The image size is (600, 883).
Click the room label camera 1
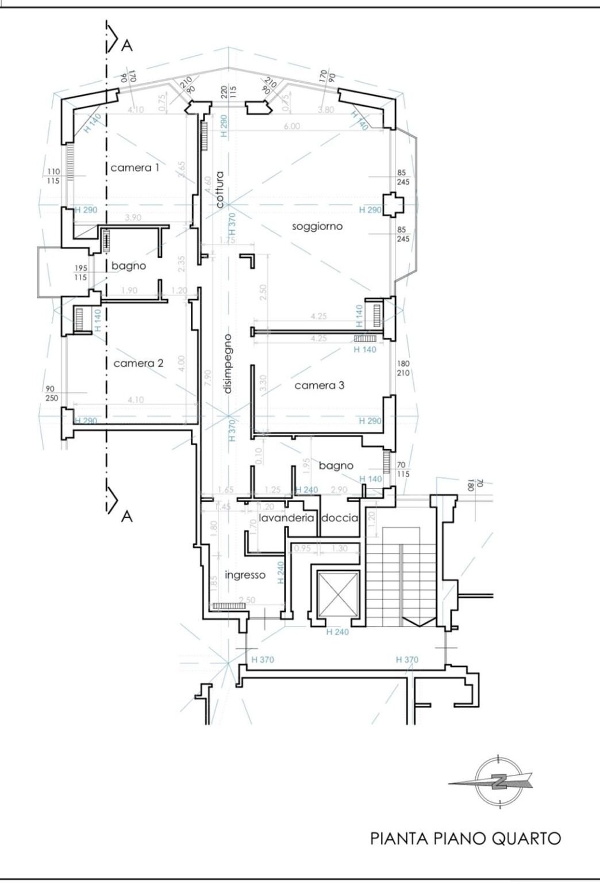pos(134,168)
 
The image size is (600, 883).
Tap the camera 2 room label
pos(138,364)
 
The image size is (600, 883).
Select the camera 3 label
pos(319,385)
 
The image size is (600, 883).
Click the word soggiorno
pos(317,227)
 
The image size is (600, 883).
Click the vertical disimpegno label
pos(228,363)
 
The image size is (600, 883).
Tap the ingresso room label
pos(245,575)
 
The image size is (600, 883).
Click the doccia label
pos(340,518)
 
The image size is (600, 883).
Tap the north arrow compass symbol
pos(498,782)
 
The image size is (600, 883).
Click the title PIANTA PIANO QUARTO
pos(466,838)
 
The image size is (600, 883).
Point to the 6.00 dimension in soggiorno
pos(291,127)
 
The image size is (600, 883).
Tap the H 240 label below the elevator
pos(337,632)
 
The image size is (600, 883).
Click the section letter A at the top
pos(127,46)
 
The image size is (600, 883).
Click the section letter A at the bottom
pos(127,517)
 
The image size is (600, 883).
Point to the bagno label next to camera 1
pos(129,266)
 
